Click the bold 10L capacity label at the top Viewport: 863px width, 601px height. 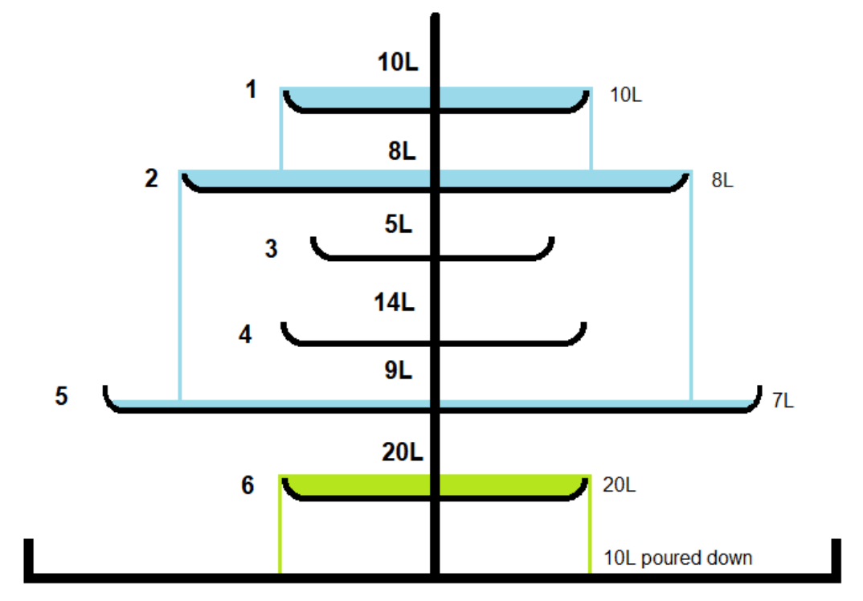[398, 62]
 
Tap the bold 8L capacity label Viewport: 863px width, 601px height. [402, 151]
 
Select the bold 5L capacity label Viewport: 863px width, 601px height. [398, 224]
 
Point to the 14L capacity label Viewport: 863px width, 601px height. [394, 302]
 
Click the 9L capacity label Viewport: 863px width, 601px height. [398, 370]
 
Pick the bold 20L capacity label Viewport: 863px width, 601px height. [403, 452]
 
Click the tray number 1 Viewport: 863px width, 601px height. [251, 89]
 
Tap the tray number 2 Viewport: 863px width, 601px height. [151, 178]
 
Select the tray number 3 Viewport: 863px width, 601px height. [271, 249]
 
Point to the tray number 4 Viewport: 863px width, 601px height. [245, 334]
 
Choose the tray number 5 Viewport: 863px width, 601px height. [61, 396]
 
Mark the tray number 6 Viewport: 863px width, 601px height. [247, 484]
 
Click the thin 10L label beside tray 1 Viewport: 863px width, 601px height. [626, 95]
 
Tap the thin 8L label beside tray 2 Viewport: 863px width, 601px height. [722, 180]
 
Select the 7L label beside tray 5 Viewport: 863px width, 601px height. [783, 400]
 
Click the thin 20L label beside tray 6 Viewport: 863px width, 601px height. [620, 484]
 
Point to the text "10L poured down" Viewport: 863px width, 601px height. [678, 558]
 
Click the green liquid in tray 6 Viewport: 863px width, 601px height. [358, 484]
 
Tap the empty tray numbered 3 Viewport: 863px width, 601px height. [432, 257]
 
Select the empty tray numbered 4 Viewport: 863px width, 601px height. [433, 342]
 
